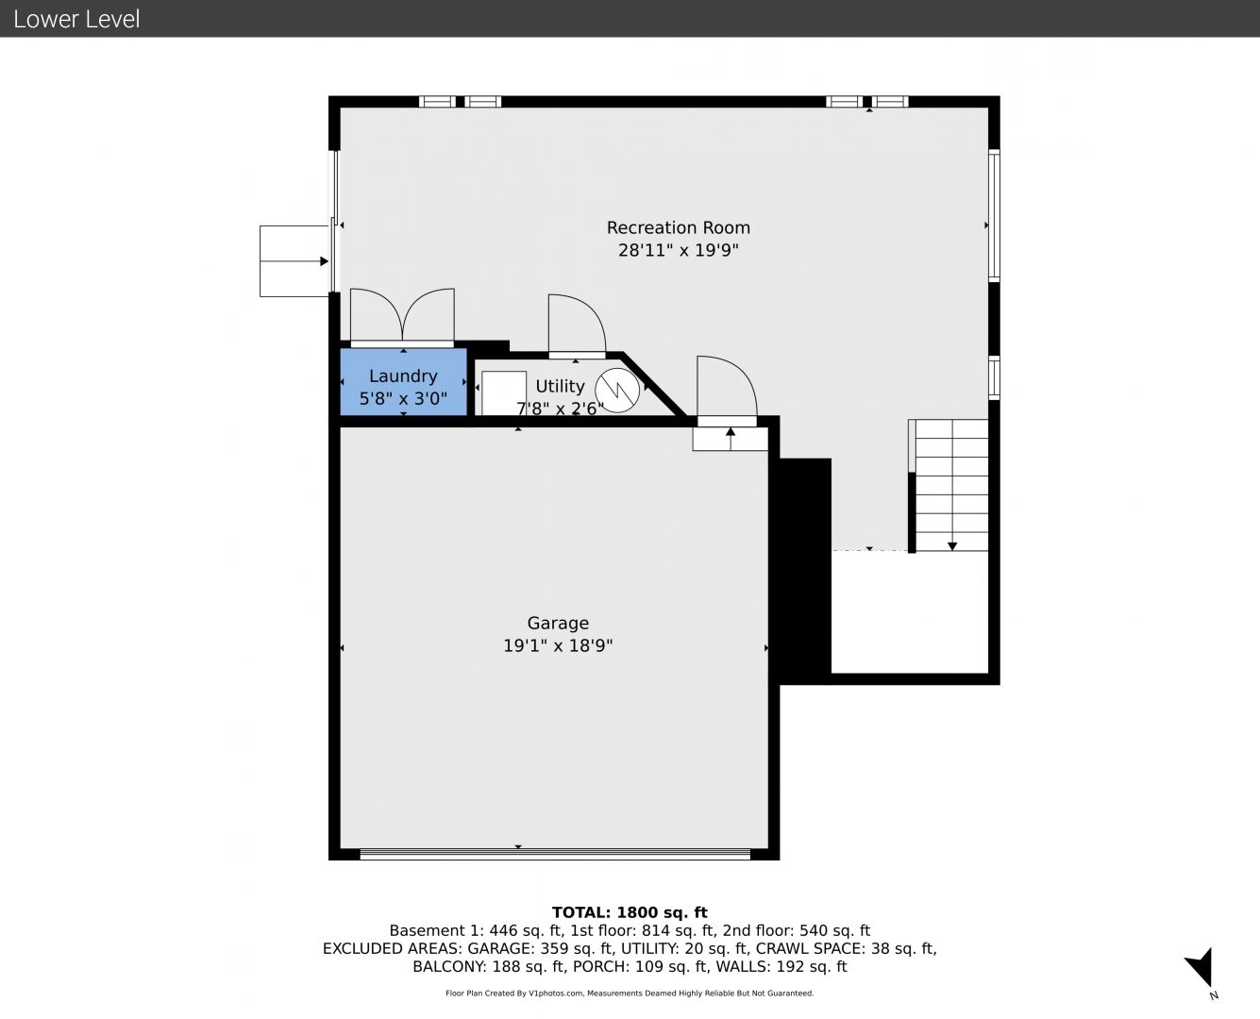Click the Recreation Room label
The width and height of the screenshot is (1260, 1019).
click(x=678, y=227)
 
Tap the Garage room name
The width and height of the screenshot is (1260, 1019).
click(x=558, y=624)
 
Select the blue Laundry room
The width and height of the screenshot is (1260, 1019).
click(x=403, y=382)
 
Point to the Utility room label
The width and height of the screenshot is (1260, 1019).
click(x=560, y=386)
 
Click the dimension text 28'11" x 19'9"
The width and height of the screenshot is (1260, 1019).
click(x=679, y=250)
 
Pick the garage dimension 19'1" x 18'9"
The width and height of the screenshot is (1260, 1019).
click(x=558, y=645)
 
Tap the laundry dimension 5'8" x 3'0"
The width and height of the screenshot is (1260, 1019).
click(x=403, y=398)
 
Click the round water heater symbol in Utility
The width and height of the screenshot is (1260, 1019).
click(x=617, y=390)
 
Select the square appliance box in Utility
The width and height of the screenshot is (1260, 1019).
click(x=504, y=393)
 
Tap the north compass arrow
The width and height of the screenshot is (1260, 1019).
click(x=1201, y=967)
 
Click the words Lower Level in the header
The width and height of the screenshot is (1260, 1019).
click(x=76, y=19)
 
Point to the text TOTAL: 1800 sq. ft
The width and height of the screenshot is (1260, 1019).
click(x=630, y=912)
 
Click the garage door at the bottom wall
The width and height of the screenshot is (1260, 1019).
click(x=555, y=854)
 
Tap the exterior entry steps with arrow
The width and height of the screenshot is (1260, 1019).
click(x=294, y=260)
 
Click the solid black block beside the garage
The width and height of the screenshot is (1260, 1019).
click(x=805, y=571)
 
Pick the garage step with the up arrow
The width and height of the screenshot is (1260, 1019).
click(x=731, y=438)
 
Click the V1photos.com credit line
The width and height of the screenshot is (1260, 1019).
click(x=630, y=993)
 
